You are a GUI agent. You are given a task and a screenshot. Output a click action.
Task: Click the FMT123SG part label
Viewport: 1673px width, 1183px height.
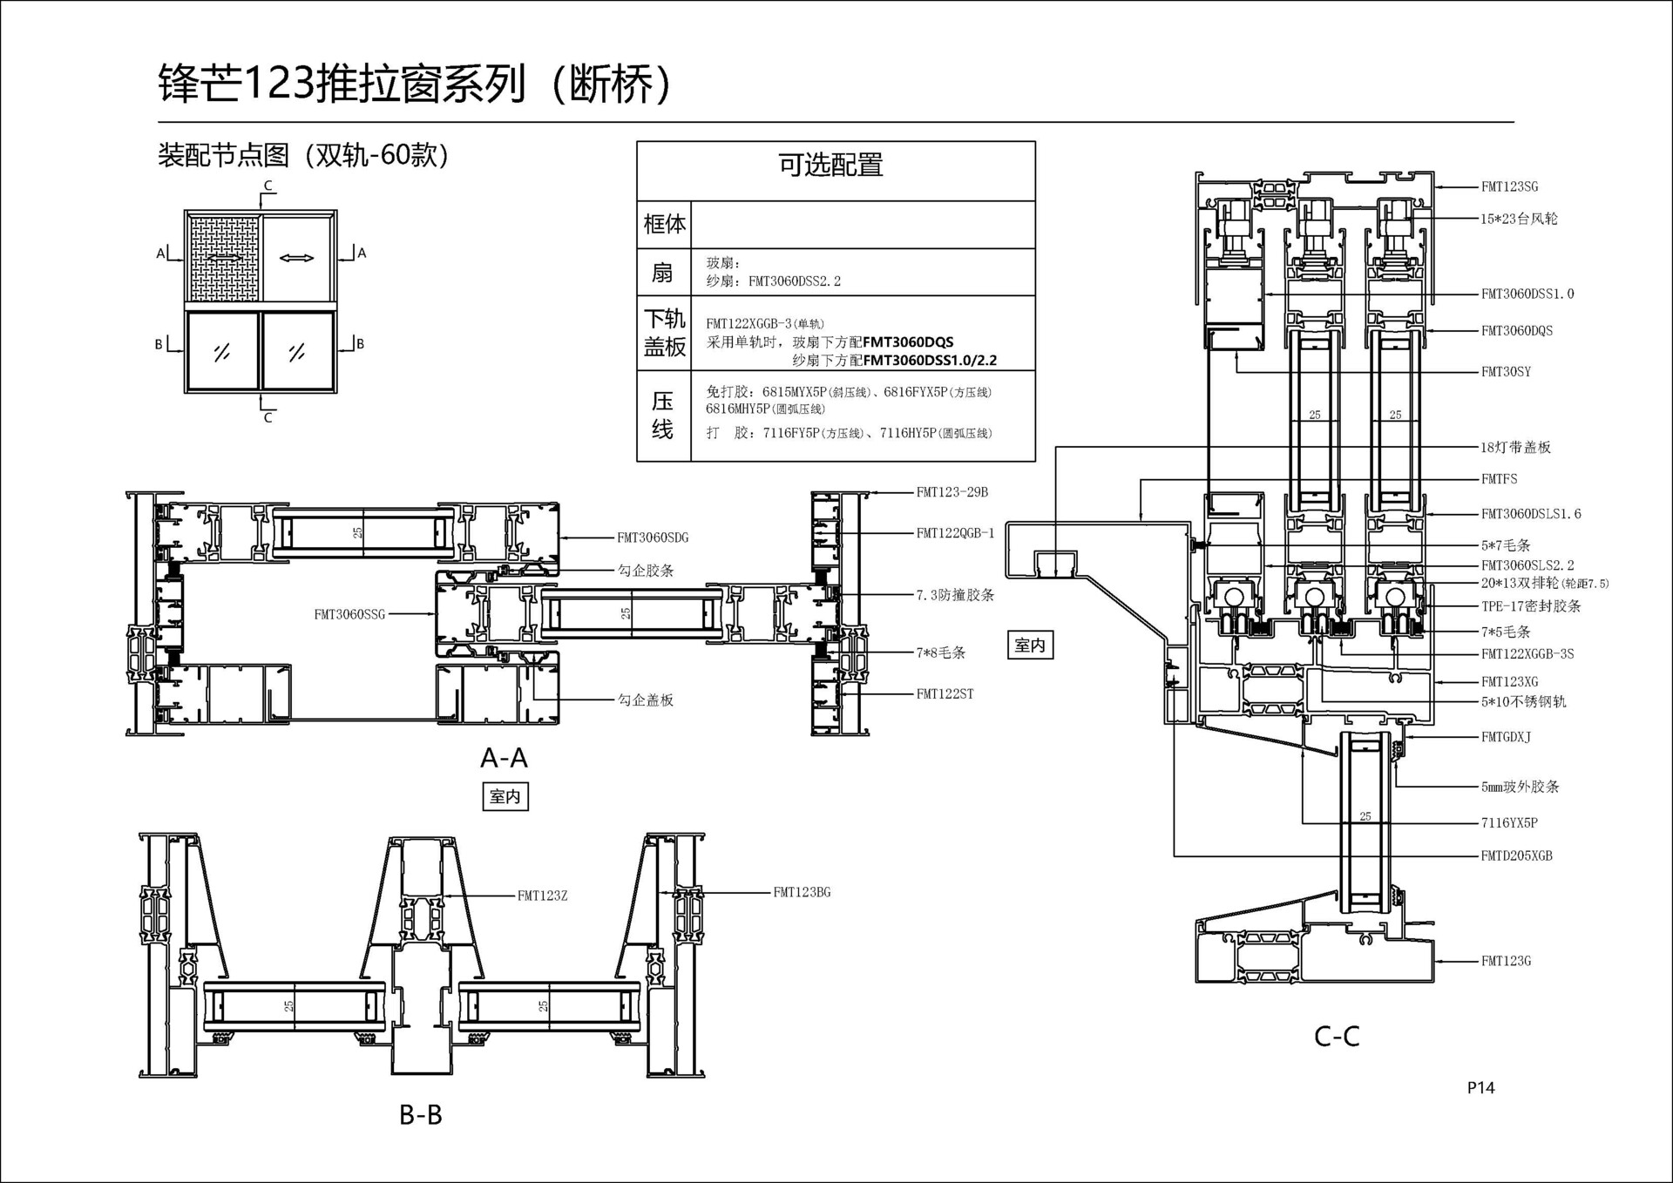point(1509,186)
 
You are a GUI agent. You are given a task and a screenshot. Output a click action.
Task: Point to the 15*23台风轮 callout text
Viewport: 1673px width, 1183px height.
point(1519,219)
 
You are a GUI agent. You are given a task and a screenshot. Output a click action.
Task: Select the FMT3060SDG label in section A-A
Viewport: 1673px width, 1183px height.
point(653,537)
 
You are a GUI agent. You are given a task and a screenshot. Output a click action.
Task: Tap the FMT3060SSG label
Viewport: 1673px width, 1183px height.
point(349,614)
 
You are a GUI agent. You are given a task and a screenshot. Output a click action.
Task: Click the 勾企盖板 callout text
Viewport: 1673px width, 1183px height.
point(646,700)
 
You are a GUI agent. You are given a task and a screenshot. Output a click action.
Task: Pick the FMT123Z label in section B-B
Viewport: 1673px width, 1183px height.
point(542,896)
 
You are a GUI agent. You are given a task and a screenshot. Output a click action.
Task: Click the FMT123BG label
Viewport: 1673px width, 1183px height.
point(802,892)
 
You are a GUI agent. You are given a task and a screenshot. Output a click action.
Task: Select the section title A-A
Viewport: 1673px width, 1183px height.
point(504,758)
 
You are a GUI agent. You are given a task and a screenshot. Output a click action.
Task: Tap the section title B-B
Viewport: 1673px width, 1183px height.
point(421,1114)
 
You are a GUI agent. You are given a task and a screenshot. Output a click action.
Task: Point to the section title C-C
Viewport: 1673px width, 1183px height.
point(1337,1037)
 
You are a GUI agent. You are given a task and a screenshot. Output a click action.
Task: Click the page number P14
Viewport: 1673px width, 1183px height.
point(1480,1087)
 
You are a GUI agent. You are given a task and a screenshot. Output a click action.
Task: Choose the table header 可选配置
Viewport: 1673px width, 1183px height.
point(830,165)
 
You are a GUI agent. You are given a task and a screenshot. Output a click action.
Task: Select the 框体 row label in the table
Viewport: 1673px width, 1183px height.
point(664,224)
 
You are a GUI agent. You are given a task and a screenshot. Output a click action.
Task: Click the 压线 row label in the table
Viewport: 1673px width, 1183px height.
point(663,416)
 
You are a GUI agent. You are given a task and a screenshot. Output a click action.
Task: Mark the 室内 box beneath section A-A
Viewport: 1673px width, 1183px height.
point(505,796)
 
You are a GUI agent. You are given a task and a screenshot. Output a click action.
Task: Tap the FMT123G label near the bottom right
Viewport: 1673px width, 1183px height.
point(1506,961)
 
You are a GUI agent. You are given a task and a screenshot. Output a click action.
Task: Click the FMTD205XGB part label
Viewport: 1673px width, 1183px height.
point(1516,855)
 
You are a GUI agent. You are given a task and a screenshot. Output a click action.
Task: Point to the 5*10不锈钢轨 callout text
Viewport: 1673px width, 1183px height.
point(1523,701)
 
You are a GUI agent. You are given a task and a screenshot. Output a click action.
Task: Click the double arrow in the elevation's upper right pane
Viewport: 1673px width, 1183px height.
point(297,258)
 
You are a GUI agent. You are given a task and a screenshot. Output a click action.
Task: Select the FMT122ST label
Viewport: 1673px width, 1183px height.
point(945,693)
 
